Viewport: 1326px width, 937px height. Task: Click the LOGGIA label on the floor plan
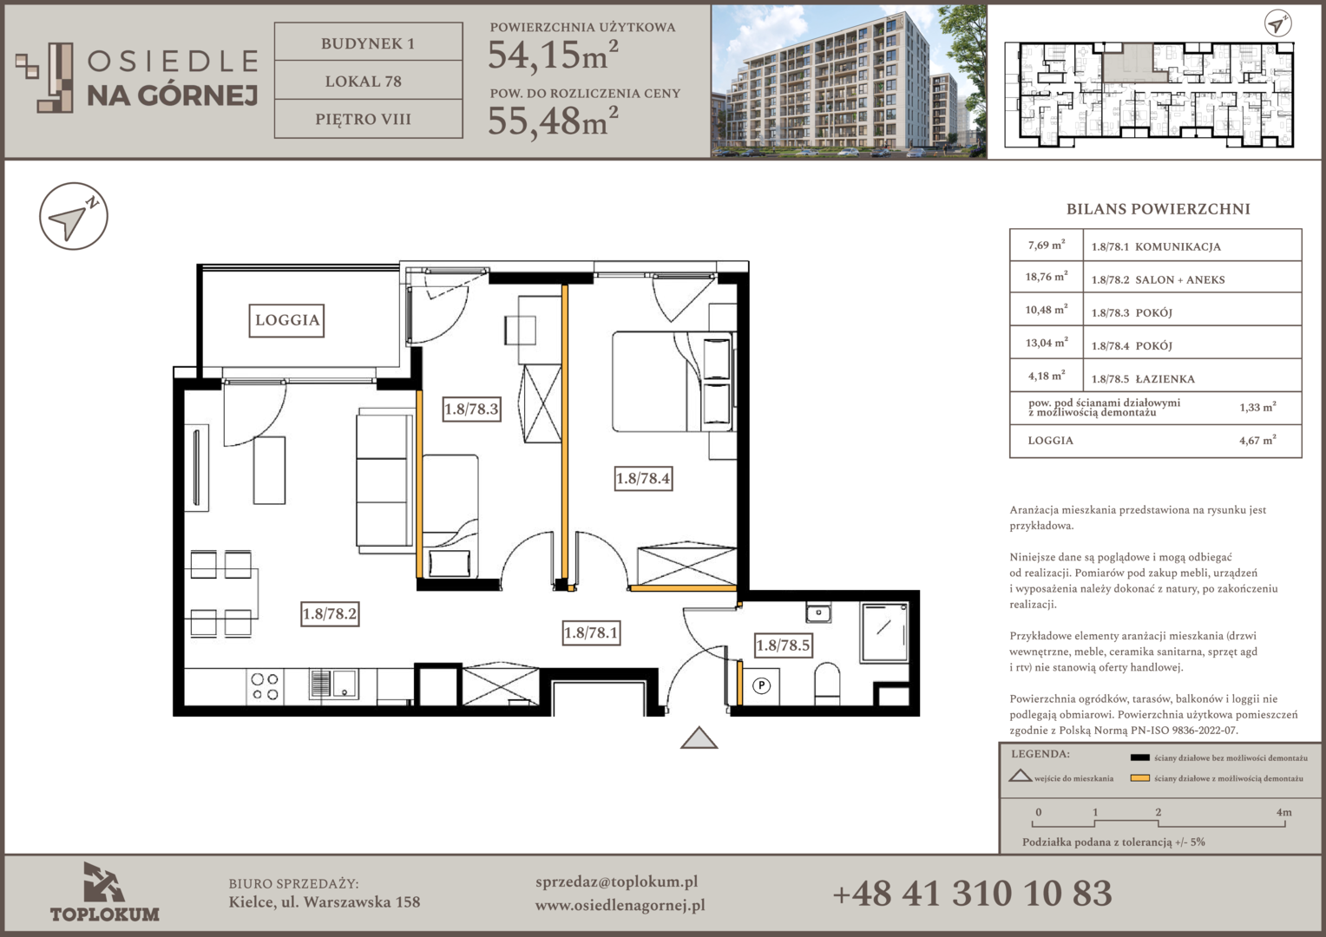point(286,320)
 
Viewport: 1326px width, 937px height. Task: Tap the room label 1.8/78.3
point(472,409)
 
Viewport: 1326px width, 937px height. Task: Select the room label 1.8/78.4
point(643,478)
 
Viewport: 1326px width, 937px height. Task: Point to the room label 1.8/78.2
point(330,613)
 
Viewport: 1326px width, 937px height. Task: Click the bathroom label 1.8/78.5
point(783,645)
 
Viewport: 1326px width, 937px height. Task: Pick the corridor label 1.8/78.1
point(591,632)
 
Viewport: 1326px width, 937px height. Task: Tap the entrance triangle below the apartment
point(699,737)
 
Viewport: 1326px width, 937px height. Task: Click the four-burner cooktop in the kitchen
point(265,686)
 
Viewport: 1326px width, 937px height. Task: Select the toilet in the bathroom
point(828,683)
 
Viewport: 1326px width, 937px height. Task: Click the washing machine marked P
point(761,685)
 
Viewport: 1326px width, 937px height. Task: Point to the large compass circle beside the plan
point(74,216)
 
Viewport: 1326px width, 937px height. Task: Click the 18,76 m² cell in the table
point(1046,277)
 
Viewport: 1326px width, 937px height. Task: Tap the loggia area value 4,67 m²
point(1257,441)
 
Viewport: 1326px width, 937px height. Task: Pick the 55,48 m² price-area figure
point(553,121)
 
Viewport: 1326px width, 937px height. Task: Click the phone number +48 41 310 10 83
point(972,894)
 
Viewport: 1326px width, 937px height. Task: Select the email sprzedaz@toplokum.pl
point(616,882)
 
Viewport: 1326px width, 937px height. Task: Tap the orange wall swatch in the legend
point(1139,778)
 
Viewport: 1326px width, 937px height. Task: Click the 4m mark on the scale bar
point(1284,813)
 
